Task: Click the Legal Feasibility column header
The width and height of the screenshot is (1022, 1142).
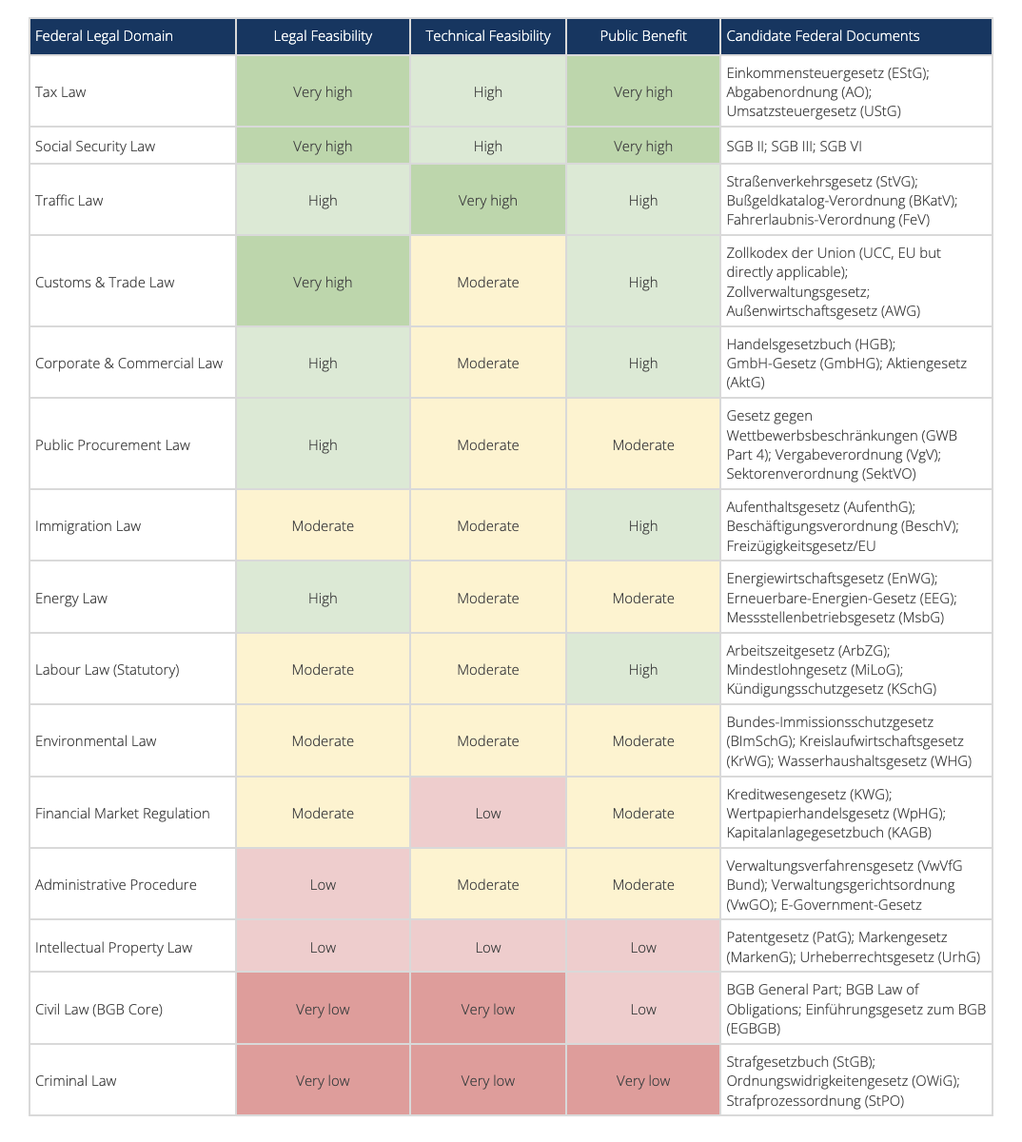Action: (323, 36)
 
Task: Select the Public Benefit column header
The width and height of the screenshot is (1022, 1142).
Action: (643, 36)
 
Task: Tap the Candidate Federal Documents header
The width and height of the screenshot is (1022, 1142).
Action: (823, 36)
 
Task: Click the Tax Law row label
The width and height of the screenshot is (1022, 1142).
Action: (61, 92)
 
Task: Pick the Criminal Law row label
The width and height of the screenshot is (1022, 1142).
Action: (76, 1081)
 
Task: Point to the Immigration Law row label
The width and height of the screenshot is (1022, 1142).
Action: (88, 526)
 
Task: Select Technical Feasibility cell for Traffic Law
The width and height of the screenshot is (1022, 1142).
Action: (488, 201)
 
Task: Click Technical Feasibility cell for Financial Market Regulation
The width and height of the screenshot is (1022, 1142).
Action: (488, 814)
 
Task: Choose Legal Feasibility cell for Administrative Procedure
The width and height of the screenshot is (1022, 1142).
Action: (323, 885)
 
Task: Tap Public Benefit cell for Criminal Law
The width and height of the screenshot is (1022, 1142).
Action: (643, 1081)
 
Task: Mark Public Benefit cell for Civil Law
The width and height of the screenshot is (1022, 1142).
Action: (643, 1010)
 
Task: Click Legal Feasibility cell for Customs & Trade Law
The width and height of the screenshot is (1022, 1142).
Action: (323, 283)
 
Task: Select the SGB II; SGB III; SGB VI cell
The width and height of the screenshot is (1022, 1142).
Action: (795, 147)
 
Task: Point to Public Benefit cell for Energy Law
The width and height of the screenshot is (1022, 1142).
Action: (643, 599)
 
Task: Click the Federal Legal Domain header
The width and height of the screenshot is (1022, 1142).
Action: (105, 36)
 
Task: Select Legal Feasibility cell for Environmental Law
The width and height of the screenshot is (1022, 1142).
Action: (323, 741)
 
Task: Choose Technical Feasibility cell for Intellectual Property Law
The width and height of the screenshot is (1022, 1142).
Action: (488, 948)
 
